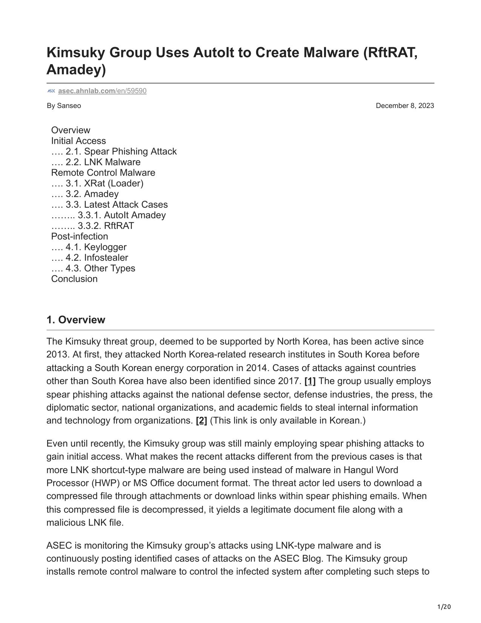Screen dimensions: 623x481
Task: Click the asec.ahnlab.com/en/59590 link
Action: [102, 91]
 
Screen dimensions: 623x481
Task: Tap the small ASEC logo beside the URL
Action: [51, 91]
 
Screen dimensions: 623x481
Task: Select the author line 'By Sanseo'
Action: [64, 106]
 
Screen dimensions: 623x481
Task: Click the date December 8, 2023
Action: [405, 106]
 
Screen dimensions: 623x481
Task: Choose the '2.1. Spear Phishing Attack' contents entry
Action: [121, 151]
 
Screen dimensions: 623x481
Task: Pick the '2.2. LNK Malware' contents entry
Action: [103, 162]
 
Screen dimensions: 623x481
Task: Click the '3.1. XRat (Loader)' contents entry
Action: [104, 183]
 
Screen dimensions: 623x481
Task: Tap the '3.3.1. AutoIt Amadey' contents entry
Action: [121, 215]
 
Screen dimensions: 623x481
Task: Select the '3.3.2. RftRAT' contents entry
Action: [106, 226]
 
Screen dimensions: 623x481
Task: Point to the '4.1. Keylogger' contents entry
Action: [96, 247]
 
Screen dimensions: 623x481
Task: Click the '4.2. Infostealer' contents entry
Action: [97, 258]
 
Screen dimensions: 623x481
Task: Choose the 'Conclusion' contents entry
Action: [74, 279]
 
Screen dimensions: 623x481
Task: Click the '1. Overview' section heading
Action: [76, 320]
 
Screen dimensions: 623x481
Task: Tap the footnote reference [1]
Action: [310, 381]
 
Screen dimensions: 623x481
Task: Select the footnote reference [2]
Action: [201, 421]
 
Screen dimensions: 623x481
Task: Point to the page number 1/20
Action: [444, 607]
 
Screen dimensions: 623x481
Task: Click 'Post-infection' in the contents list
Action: [80, 236]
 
